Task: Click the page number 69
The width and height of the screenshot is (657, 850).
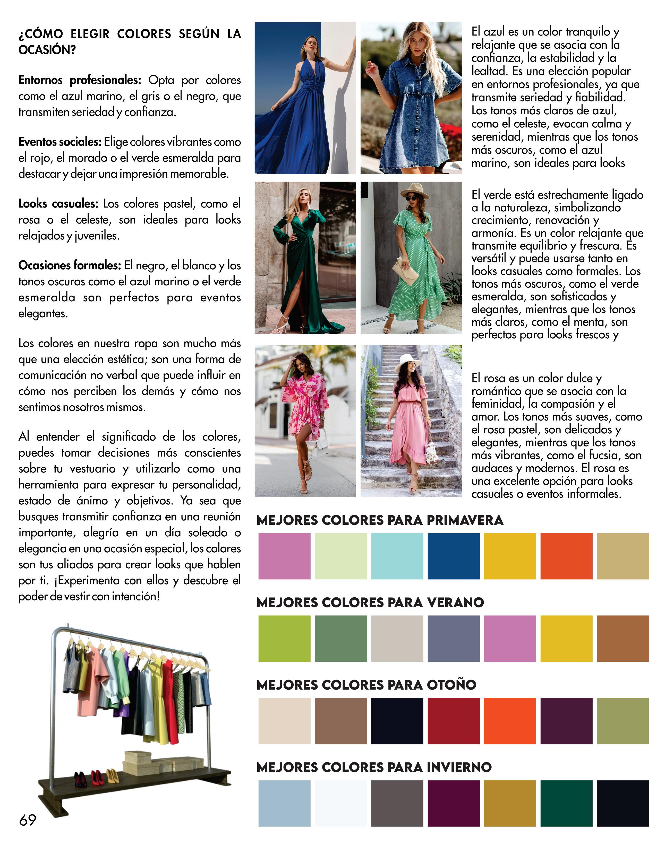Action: tap(27, 819)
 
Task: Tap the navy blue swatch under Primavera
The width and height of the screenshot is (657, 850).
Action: tap(454, 556)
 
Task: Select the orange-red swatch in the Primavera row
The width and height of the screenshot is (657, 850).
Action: tap(566, 556)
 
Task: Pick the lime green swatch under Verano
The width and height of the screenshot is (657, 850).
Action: tap(284, 638)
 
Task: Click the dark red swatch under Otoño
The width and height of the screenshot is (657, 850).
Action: tap(454, 721)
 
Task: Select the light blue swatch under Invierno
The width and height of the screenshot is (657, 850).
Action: tap(284, 803)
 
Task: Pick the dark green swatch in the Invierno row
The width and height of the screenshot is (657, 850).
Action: tap(566, 803)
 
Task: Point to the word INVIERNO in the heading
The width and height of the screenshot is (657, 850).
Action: tap(459, 767)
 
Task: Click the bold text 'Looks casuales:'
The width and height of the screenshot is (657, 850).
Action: tap(58, 203)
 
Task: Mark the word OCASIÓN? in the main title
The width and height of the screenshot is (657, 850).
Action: tap(47, 50)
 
